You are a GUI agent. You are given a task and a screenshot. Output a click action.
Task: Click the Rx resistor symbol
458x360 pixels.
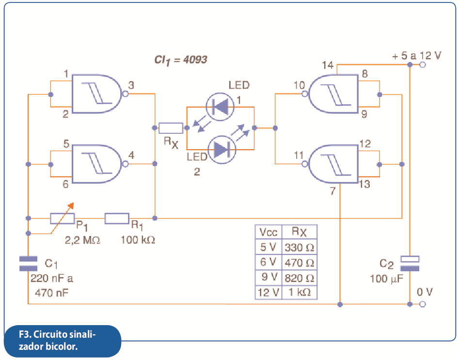point(171,128)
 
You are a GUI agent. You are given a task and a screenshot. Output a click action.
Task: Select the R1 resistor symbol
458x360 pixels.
point(117,219)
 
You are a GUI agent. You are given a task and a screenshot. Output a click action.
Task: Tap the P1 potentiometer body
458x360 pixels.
point(62,219)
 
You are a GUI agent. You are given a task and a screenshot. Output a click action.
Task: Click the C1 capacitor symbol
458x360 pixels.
point(28,264)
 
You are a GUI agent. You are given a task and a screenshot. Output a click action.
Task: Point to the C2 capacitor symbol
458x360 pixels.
point(410,264)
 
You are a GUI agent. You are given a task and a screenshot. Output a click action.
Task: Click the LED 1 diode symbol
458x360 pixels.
point(220,107)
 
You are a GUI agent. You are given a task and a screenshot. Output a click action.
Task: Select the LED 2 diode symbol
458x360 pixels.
point(221,150)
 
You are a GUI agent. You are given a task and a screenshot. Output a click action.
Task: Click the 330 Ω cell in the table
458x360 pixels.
point(300,247)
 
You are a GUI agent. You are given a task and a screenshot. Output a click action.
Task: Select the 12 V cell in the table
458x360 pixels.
point(268,292)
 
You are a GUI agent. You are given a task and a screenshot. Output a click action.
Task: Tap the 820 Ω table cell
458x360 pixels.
point(300,278)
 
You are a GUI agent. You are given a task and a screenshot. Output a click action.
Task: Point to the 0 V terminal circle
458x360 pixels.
point(422,304)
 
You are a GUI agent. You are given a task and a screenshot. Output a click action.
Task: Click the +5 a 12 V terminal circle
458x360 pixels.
point(422,65)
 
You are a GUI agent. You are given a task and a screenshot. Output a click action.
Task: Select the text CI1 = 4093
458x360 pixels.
point(180,60)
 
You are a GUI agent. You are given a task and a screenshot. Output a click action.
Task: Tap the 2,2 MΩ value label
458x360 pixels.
point(82,240)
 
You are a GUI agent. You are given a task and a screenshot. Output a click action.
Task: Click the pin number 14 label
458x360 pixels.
point(328,65)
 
